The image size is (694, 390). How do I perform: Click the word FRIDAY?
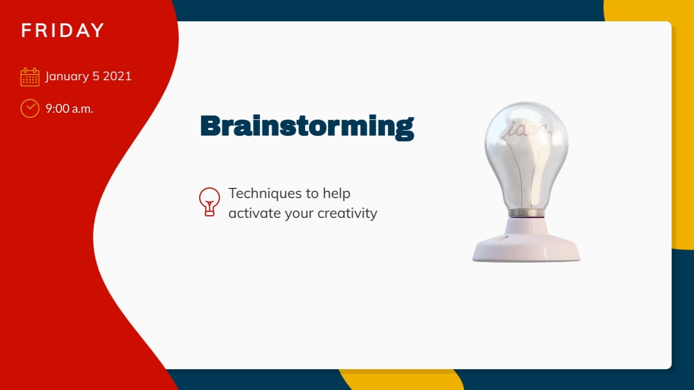[x=62, y=30]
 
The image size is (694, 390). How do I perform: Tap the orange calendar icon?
[x=30, y=77]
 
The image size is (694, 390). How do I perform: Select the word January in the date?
[x=67, y=77]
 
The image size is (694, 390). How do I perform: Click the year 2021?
[x=117, y=76]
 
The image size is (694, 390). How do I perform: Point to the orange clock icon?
[x=30, y=109]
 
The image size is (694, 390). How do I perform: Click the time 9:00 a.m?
[x=69, y=109]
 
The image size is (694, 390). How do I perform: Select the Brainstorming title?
[x=307, y=127]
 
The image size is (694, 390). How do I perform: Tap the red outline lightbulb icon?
[x=209, y=202]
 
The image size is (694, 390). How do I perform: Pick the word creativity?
[x=348, y=213]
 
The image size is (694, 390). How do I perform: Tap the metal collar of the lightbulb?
[x=526, y=213]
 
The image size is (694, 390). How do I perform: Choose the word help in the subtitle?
[x=336, y=194]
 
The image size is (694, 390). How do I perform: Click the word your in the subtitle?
[x=299, y=214]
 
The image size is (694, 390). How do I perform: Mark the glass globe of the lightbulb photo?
[x=526, y=155]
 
